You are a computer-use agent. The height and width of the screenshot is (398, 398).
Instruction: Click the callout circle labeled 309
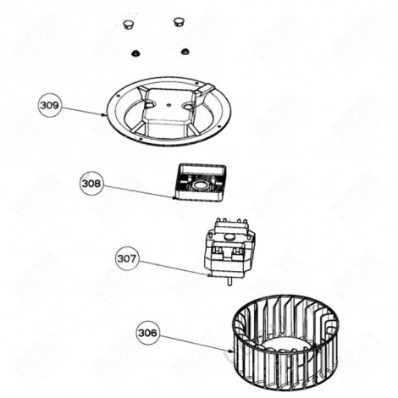click(49, 106)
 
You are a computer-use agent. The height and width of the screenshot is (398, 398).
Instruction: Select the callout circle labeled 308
click(91, 184)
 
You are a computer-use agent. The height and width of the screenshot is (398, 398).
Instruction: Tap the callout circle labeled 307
click(127, 259)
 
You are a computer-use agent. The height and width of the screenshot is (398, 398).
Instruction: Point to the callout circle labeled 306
click(147, 333)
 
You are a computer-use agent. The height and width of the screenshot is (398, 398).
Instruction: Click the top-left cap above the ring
click(129, 25)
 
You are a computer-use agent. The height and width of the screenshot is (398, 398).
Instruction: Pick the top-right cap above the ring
click(179, 22)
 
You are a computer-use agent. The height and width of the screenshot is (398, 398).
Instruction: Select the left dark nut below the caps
click(135, 53)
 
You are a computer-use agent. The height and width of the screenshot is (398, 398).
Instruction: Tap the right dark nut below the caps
click(185, 52)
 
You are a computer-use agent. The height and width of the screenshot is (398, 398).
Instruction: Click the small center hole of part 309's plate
click(169, 105)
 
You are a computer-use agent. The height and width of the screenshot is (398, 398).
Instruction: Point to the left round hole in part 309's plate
click(149, 104)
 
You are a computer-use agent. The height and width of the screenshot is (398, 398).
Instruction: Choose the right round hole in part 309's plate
click(188, 107)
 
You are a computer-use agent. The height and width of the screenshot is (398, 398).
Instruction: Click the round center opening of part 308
click(200, 185)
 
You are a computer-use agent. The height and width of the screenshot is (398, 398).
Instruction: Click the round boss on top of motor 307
click(230, 236)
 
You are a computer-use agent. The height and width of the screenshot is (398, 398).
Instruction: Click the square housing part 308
click(200, 182)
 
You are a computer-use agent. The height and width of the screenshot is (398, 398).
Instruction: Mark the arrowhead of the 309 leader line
click(105, 114)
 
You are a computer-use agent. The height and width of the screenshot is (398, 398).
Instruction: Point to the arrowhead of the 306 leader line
click(231, 351)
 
